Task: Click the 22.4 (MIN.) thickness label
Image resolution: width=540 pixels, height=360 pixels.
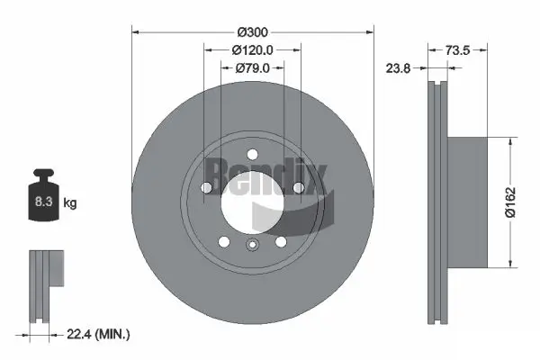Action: [99, 335]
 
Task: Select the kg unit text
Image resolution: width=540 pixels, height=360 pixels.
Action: [70, 204]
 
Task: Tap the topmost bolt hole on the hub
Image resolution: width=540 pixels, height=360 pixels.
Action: [252, 153]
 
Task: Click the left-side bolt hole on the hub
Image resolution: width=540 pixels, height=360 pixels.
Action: [207, 187]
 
